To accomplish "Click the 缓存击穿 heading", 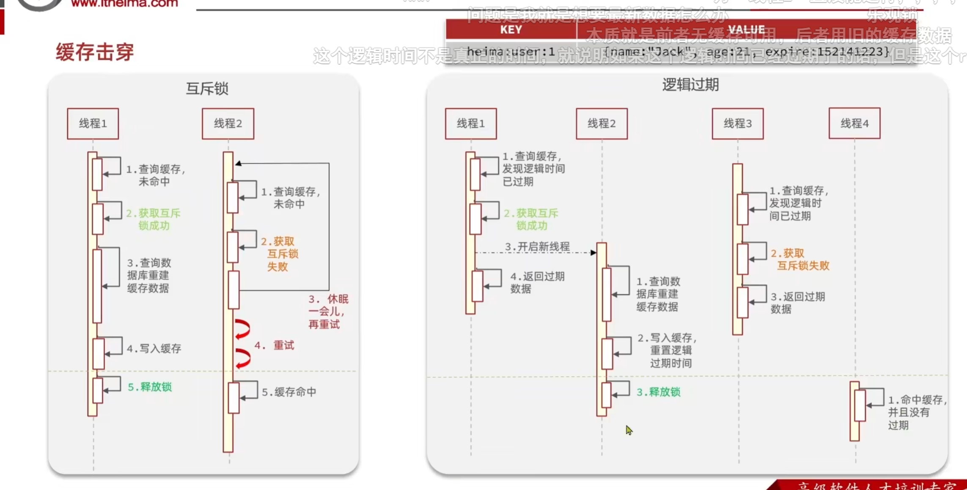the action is [95, 52].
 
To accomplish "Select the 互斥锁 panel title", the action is [207, 88].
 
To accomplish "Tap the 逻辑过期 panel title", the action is [690, 85].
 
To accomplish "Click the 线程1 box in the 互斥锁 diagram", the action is [93, 123].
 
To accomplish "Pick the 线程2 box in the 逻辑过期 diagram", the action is [602, 123].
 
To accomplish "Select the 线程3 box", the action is [738, 123].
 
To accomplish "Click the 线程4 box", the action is [854, 123].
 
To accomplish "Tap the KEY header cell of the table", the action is [511, 30].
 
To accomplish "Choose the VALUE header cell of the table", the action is [746, 30].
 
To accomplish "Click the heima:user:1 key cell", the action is [511, 52].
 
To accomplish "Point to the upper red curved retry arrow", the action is [242, 329].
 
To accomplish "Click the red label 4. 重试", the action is [274, 345].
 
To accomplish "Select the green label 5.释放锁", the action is [150, 387].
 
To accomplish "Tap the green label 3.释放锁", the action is [658, 392].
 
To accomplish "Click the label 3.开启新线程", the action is [537, 246].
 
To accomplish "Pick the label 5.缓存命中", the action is [289, 392].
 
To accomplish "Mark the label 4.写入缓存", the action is [154, 348].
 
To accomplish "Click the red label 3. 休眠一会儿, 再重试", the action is [328, 312].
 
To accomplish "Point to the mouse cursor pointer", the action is [629, 430].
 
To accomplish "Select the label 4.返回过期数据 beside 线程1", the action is [537, 282].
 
